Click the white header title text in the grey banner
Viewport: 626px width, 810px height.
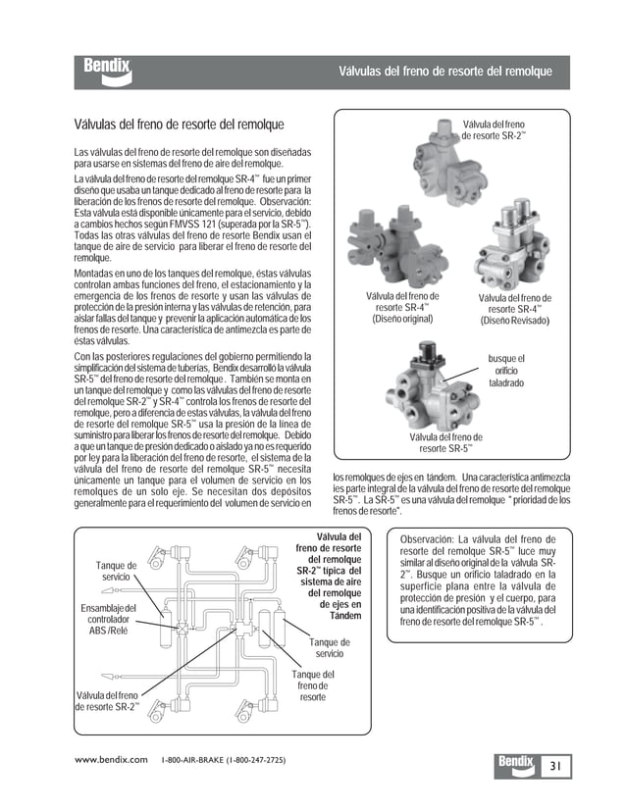(x=444, y=72)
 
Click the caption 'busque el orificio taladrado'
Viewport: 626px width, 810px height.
(x=506, y=370)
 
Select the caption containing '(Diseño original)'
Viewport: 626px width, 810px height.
(x=401, y=307)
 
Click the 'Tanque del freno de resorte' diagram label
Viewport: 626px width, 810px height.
(x=313, y=685)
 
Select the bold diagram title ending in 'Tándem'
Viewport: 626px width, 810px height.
(x=329, y=577)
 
